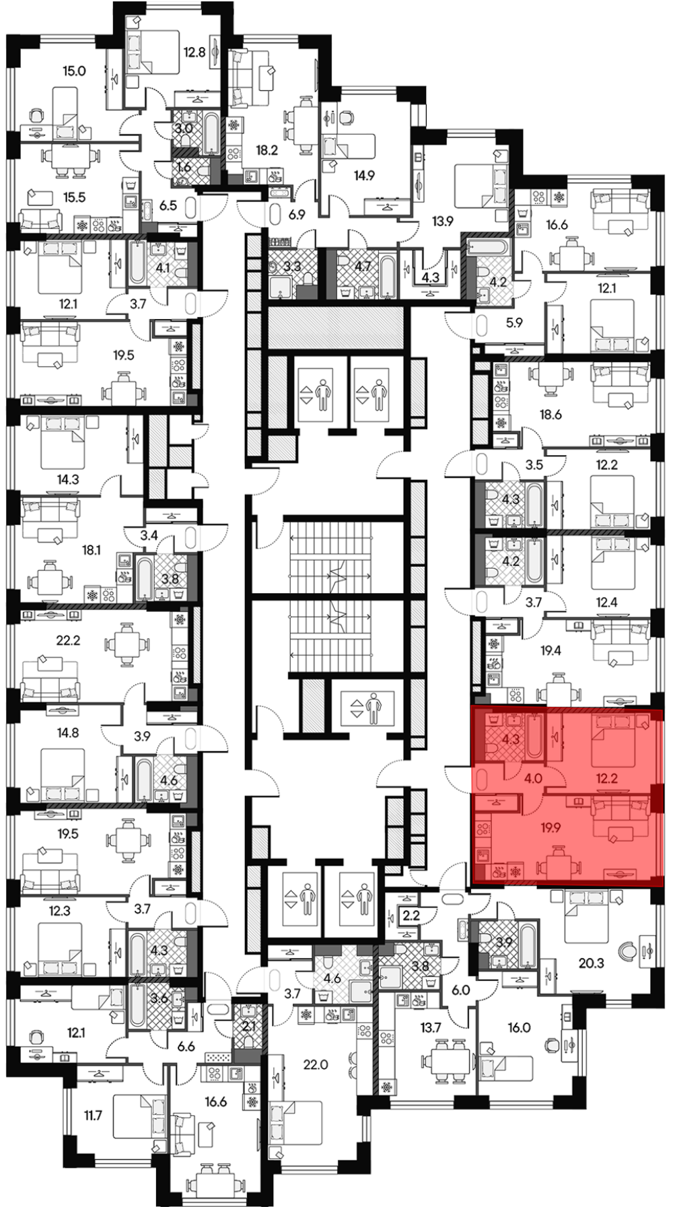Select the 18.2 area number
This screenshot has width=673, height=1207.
(x=267, y=151)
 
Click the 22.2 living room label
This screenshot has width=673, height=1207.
(x=68, y=641)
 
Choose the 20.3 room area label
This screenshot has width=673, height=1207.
(x=592, y=963)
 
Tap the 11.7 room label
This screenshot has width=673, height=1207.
(x=92, y=1115)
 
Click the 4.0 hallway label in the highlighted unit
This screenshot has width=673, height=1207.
(x=533, y=780)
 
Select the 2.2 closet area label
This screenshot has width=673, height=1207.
(x=410, y=916)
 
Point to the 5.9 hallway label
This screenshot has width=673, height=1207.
(x=514, y=322)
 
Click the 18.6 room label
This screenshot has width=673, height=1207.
(x=551, y=415)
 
